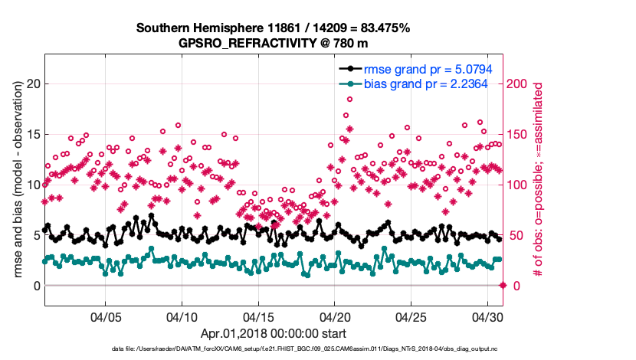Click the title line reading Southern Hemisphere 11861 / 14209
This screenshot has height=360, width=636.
coord(273,28)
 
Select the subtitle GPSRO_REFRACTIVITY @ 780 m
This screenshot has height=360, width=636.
coord(273,43)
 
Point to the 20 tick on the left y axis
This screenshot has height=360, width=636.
coord(31,83)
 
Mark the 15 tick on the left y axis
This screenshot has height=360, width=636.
coord(31,134)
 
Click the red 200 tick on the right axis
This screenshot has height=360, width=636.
coord(522,83)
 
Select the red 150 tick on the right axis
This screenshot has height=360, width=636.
coord(522,134)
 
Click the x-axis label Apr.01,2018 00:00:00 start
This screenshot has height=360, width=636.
coord(274,333)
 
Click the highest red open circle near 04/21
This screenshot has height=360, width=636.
coord(349,99)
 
